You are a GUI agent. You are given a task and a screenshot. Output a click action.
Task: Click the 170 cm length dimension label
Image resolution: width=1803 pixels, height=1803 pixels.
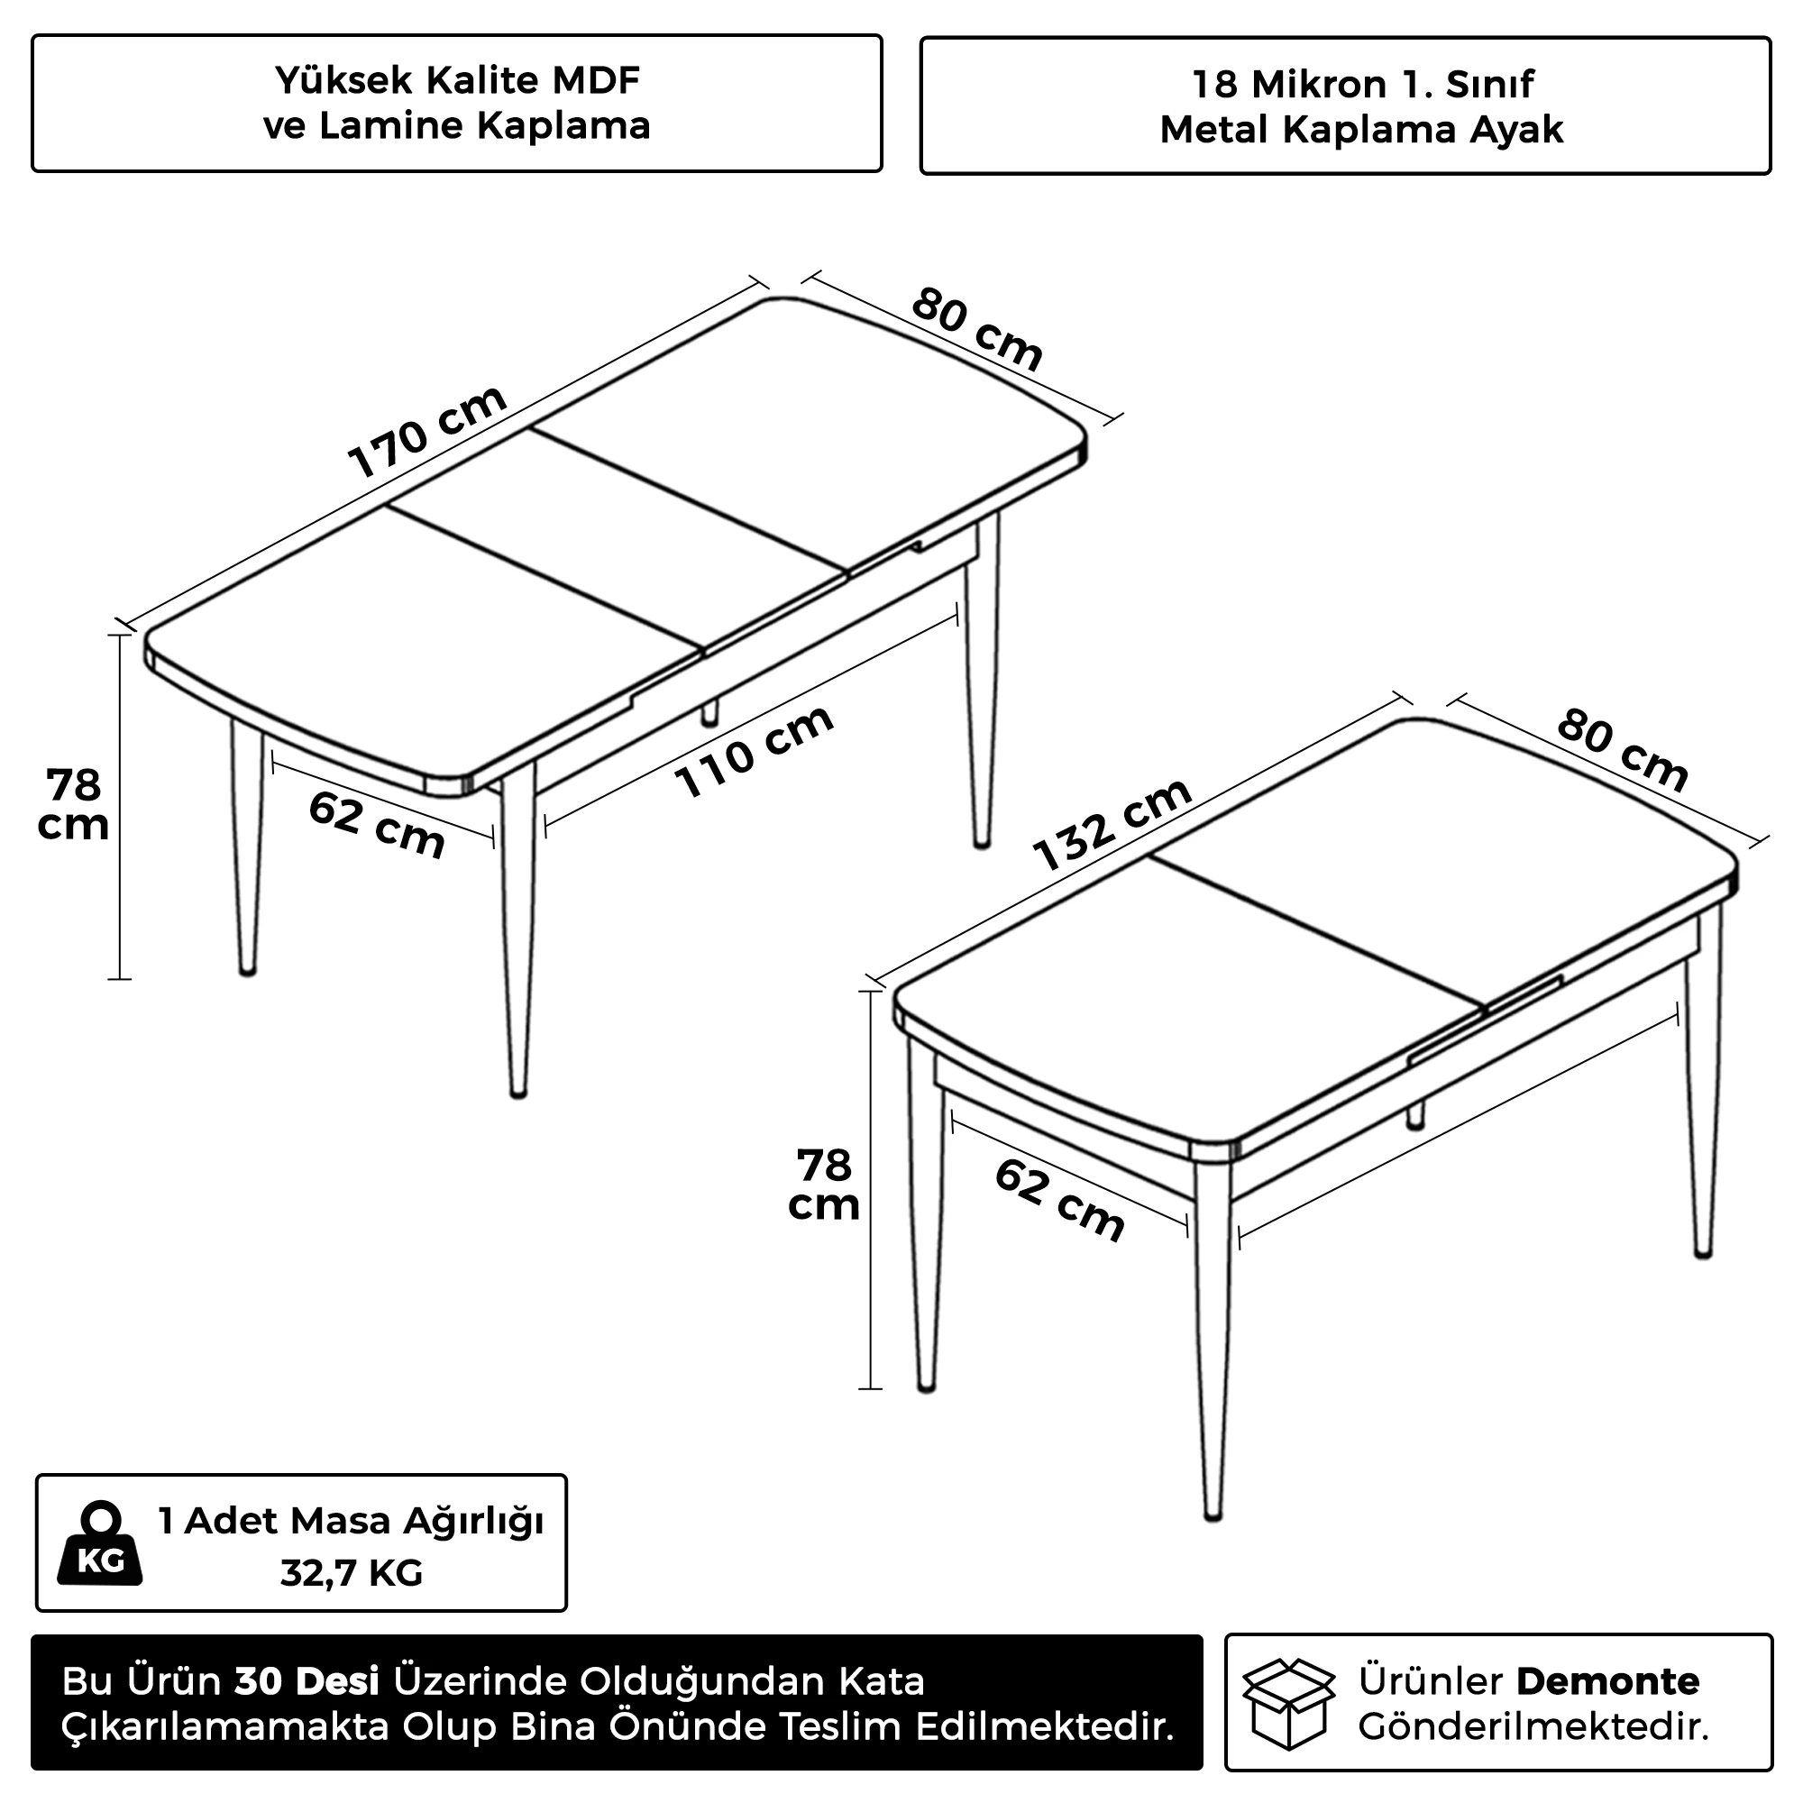tap(427, 431)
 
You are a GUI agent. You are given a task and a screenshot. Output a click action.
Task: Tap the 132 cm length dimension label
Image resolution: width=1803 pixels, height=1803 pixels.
tap(1112, 824)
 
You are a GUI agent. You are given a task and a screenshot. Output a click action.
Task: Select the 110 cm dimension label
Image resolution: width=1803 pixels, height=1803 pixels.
tap(754, 751)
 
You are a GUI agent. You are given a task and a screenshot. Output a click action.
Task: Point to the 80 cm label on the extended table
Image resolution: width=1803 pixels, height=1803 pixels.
tap(976, 329)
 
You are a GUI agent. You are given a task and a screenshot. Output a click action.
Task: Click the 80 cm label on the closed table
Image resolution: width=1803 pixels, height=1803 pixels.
tap(1622, 750)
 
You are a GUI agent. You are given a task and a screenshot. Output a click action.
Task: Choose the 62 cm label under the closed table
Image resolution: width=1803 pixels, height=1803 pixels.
tap(1060, 1199)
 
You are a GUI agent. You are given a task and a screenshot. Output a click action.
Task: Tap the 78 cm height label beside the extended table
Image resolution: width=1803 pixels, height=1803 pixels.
tap(73, 805)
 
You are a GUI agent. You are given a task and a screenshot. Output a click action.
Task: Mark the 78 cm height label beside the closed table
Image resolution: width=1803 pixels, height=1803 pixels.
tap(824, 1185)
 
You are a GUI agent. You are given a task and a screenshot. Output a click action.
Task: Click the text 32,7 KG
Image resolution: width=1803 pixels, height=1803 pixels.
tap(352, 1573)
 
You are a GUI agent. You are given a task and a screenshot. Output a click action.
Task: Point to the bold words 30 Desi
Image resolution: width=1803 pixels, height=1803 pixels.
tap(307, 1681)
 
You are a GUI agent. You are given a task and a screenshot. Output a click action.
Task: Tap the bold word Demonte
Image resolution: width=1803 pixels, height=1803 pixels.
tap(1608, 1681)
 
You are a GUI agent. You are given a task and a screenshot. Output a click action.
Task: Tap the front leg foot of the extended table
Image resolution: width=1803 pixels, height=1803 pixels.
tap(519, 1091)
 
